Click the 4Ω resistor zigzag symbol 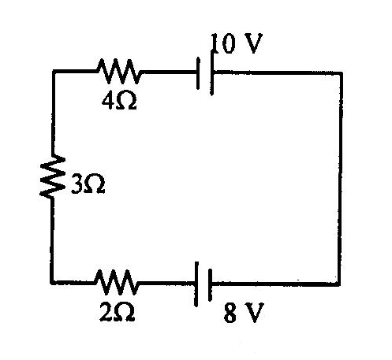pos(118,71)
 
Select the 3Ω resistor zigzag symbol pos(52,176)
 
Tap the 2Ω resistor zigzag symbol pos(116,282)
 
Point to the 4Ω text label pos(119,102)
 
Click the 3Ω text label pos(88,184)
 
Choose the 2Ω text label pos(118,312)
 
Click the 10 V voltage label pos(237,43)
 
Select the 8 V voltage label pos(243,312)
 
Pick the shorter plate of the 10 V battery pos(198,73)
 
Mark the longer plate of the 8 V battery pos(196,284)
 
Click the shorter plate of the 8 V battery pos(210,285)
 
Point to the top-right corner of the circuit pos(341,72)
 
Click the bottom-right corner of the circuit pos(339,284)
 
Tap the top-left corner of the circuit pos(54,71)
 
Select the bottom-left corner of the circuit pos(51,282)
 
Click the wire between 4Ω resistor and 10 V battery pos(169,72)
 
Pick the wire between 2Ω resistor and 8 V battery pos(166,283)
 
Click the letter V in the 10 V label pos(252,43)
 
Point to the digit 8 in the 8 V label pos(230,313)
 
